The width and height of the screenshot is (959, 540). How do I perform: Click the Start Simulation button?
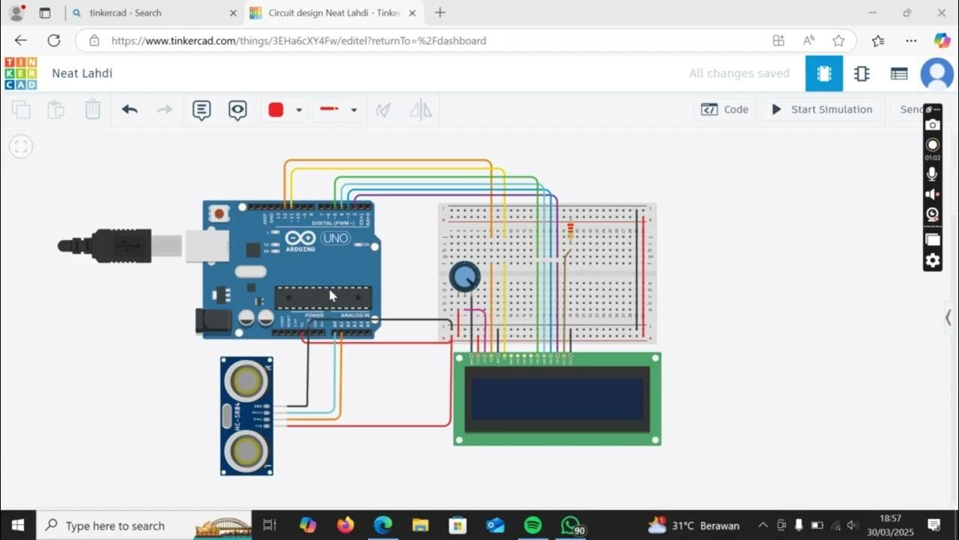822,109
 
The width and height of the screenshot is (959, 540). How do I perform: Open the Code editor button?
724,109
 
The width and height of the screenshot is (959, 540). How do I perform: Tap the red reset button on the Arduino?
219,214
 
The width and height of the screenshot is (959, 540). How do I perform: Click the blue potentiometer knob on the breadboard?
465,277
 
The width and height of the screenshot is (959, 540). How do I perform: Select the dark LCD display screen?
557,399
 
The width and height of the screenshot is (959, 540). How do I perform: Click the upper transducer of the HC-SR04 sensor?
246,381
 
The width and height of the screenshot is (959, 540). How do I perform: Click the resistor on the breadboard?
570,230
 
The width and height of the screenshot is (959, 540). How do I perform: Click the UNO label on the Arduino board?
335,238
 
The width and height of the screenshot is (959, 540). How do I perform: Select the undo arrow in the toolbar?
130,109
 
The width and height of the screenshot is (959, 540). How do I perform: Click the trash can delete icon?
92,109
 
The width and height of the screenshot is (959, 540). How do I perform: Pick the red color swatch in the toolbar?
276,109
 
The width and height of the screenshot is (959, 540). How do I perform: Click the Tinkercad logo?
20,73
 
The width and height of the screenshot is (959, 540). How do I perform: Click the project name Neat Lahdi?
82,73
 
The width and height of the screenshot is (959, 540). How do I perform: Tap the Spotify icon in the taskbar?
533,525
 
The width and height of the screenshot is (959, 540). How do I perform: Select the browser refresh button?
54,40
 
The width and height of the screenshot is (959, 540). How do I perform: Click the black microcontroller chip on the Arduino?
323,297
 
